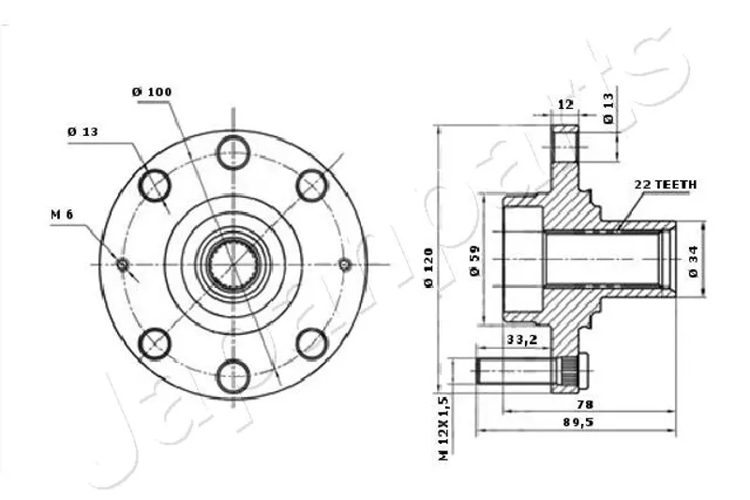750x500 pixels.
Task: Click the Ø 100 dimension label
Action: click(x=152, y=91)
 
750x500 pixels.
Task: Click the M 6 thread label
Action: click(x=62, y=216)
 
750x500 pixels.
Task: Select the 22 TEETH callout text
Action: click(x=666, y=185)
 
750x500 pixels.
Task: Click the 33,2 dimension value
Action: click(x=521, y=340)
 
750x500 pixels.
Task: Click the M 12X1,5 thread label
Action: click(x=444, y=427)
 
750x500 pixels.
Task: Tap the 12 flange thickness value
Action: click(x=564, y=104)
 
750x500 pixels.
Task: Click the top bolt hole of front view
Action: click(x=232, y=150)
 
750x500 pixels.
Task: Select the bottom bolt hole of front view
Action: click(x=232, y=377)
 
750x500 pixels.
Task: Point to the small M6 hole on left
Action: click(x=122, y=264)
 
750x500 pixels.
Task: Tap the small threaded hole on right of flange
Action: click(x=344, y=264)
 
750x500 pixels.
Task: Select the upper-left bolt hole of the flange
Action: click(x=154, y=185)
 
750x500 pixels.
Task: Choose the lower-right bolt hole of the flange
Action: click(x=311, y=343)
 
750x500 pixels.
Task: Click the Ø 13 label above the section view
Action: click(x=607, y=109)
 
